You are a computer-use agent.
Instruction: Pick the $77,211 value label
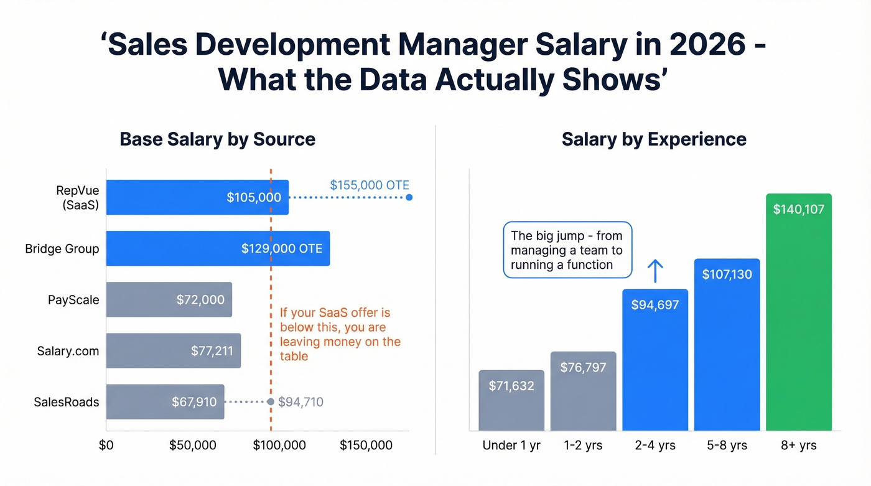click(x=212, y=351)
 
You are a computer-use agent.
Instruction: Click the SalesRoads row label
click(x=66, y=402)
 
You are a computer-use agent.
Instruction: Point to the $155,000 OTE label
click(x=369, y=185)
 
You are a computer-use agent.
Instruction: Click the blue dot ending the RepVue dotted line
click(x=409, y=197)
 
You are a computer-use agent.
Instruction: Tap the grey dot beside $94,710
click(x=271, y=402)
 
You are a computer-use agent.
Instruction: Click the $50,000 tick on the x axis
click(x=193, y=445)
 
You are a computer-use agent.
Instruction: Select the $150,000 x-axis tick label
click(x=366, y=445)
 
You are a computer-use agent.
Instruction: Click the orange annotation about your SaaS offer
click(x=340, y=334)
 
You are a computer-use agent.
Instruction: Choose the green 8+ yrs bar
click(x=799, y=311)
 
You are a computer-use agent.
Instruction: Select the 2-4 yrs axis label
click(x=655, y=446)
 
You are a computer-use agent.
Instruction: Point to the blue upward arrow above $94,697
click(x=655, y=271)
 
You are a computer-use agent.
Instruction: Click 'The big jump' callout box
click(x=567, y=250)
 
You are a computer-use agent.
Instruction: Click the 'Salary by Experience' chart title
click(x=654, y=139)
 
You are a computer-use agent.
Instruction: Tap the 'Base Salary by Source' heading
click(x=217, y=139)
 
